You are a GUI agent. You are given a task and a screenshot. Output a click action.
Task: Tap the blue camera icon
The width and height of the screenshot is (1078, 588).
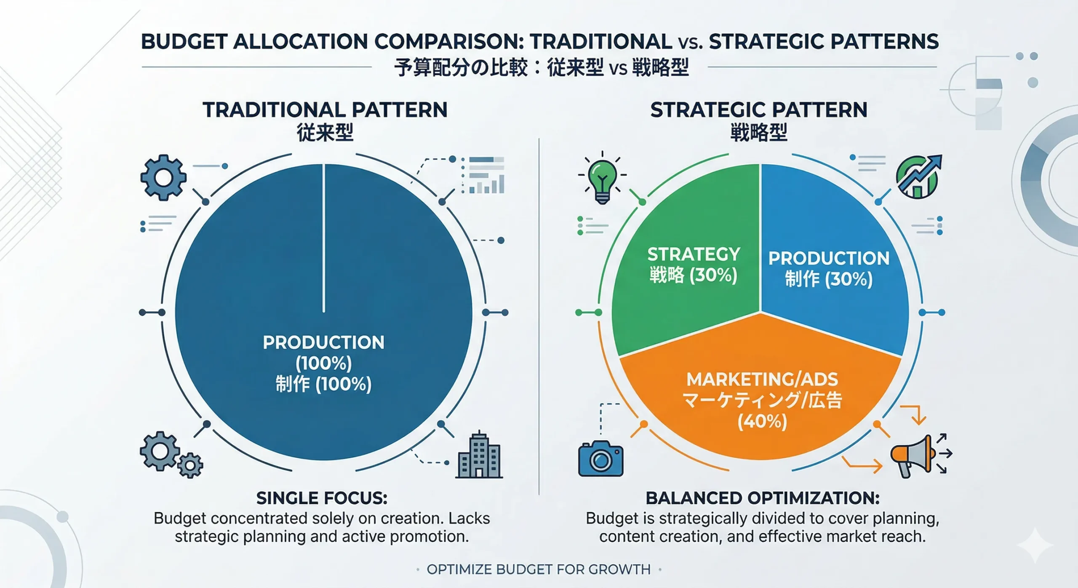click(601, 459)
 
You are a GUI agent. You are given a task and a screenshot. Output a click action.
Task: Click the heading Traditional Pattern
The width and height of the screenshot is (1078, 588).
click(325, 110)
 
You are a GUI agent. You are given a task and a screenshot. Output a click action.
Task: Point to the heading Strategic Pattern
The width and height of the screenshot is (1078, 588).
click(759, 110)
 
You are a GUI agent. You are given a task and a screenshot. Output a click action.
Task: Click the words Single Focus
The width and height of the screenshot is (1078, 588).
click(322, 498)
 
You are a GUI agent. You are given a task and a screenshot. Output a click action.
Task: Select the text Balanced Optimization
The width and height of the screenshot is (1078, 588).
click(763, 498)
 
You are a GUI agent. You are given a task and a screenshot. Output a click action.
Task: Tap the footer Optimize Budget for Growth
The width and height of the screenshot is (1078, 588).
click(539, 569)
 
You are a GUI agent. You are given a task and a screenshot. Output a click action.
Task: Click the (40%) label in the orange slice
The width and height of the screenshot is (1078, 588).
click(762, 422)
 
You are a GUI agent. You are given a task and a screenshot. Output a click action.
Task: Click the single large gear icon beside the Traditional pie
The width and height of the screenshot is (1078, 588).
click(163, 177)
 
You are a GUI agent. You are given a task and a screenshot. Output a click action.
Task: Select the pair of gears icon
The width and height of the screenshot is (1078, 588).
click(171, 455)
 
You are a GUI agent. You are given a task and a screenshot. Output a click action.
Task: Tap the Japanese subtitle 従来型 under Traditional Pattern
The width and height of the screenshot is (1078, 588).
click(325, 133)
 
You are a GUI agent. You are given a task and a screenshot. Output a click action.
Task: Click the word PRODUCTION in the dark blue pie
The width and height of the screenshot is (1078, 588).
click(323, 343)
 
